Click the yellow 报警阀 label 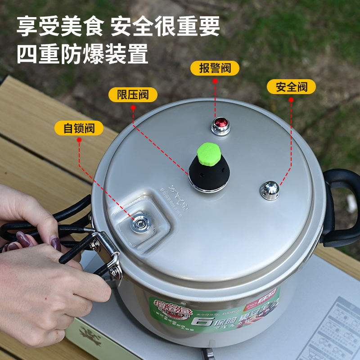[215, 68]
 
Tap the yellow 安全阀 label [291, 86]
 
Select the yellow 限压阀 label [133, 94]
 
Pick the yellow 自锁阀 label [79, 128]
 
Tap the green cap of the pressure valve [209, 152]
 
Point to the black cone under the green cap [209, 173]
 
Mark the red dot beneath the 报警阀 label [215, 81]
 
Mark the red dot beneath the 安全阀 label [291, 99]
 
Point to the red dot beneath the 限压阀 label [133, 108]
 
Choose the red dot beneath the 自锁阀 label [79, 140]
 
